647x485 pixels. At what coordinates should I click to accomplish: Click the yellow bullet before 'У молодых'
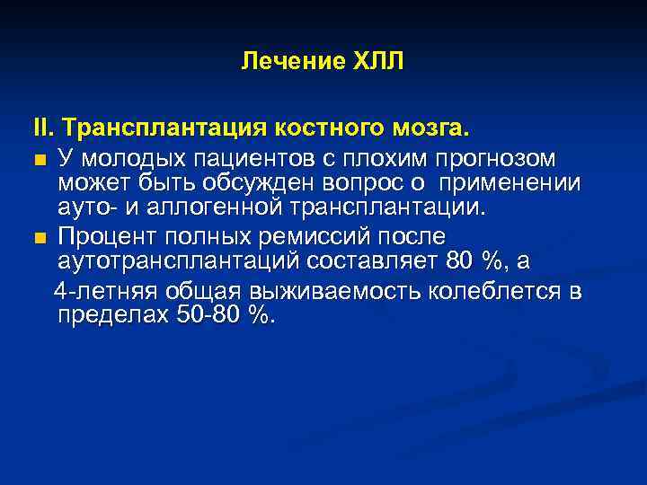coord(40,161)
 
